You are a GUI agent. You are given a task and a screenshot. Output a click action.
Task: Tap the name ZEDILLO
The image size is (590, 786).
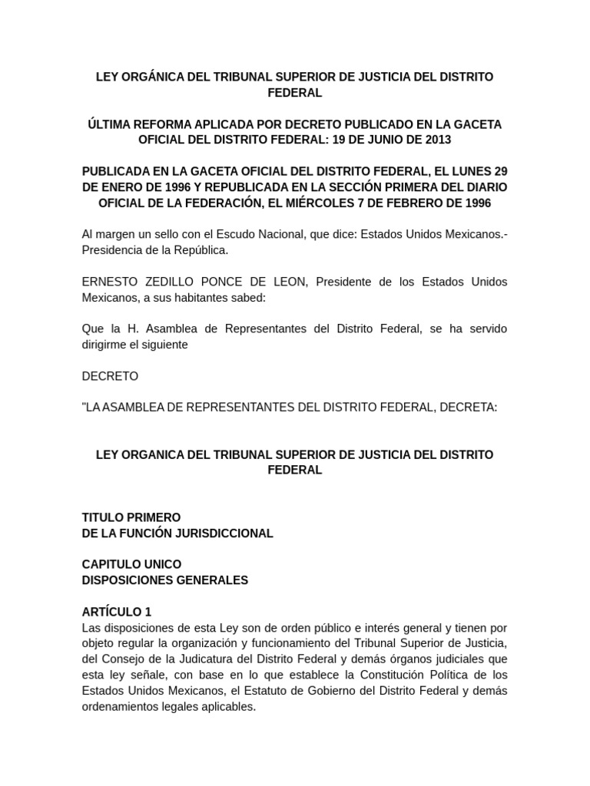coord(168,282)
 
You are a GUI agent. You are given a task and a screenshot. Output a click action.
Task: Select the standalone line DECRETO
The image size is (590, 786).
coord(110,376)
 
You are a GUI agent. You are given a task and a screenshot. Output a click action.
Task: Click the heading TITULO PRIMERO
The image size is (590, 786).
coord(131,517)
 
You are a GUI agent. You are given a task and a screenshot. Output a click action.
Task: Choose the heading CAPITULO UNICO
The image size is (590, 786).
coord(131,564)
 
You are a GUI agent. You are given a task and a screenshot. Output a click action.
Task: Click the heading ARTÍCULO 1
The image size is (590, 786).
coord(117,612)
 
